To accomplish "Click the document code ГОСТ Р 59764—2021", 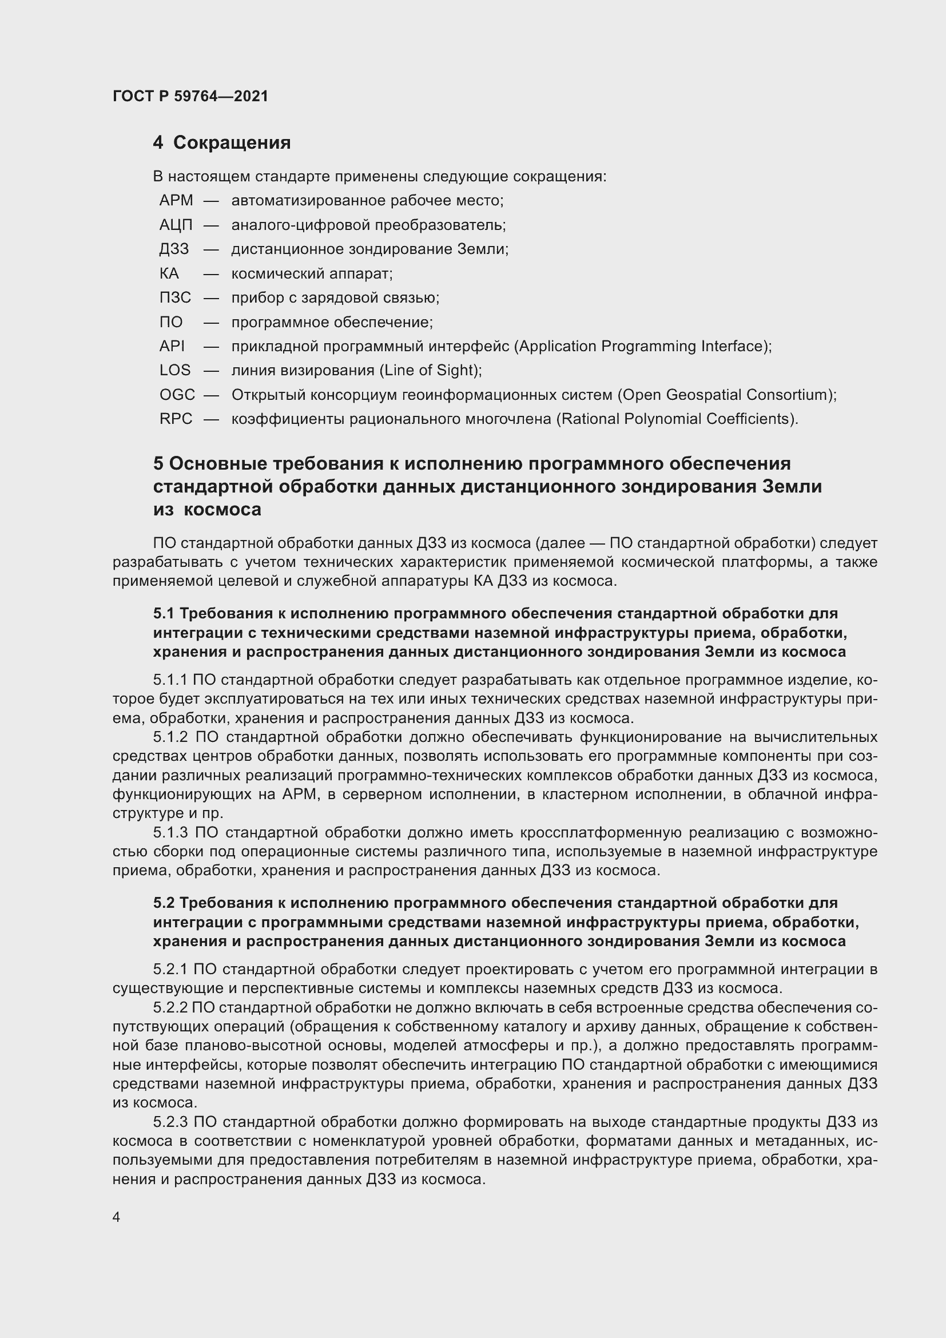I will pyautogui.click(x=190, y=96).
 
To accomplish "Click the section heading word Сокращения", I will pyautogui.click(x=232, y=143).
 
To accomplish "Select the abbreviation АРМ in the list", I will pyautogui.click(x=176, y=200).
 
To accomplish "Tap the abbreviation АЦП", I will pyautogui.click(x=176, y=225).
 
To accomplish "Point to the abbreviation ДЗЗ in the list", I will pyautogui.click(x=174, y=249).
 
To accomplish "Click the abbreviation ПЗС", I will pyautogui.click(x=176, y=298).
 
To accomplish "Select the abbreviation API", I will pyautogui.click(x=172, y=346).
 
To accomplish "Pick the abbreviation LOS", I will pyautogui.click(x=175, y=370).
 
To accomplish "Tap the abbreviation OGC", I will pyautogui.click(x=177, y=395).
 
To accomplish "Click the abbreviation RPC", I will pyautogui.click(x=176, y=419).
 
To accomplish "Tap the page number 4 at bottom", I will pyautogui.click(x=117, y=1217).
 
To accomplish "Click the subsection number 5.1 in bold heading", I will pyautogui.click(x=164, y=614).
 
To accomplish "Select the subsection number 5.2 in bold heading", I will pyautogui.click(x=164, y=903).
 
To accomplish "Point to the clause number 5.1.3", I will pyautogui.click(x=170, y=833).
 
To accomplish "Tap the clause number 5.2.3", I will pyautogui.click(x=170, y=1122).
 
